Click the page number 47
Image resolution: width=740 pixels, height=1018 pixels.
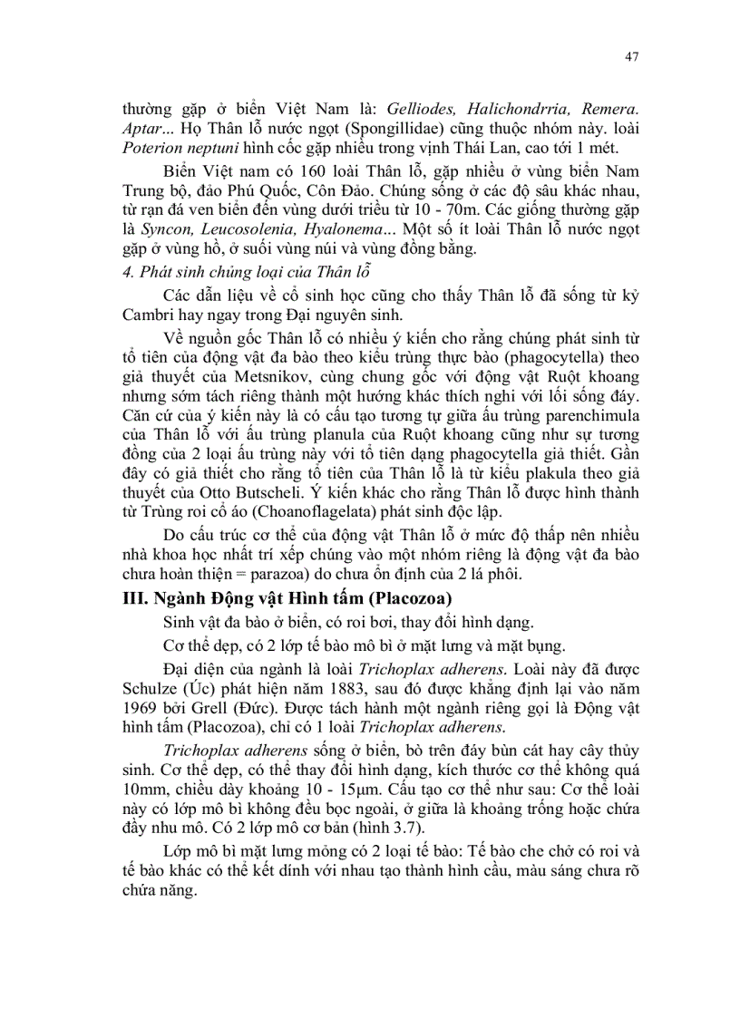632,56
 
